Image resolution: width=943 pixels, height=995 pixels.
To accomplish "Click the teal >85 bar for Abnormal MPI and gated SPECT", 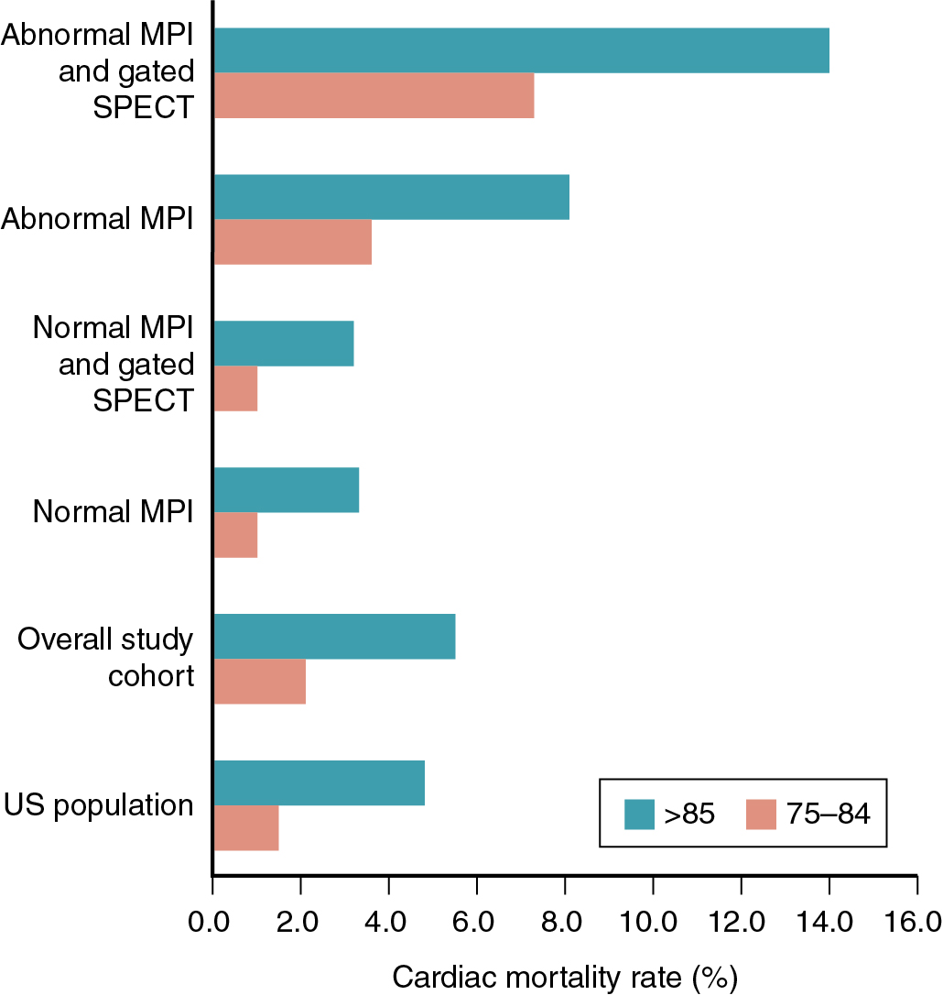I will (521, 50).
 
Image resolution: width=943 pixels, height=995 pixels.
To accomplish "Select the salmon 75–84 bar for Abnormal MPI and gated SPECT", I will (374, 95).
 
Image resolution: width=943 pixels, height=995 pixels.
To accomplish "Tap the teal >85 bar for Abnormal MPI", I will (391, 197).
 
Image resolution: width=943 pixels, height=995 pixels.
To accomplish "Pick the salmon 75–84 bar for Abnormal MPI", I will (292, 242).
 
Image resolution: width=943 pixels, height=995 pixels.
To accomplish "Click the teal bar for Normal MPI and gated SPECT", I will (283, 344).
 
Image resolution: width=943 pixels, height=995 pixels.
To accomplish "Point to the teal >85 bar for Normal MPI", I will (286, 490).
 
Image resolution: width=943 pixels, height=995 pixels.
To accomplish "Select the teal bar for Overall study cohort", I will (334, 637).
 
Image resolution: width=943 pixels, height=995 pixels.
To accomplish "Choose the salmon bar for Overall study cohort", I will (259, 682).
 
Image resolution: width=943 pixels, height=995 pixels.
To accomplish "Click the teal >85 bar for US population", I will (319, 783).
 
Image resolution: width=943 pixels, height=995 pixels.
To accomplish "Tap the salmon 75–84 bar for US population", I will (245, 828).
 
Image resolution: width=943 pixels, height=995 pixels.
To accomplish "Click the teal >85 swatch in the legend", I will (640, 813).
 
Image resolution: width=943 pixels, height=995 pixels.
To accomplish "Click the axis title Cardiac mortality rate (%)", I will (565, 977).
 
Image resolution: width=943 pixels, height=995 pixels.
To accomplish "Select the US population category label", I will (99, 805).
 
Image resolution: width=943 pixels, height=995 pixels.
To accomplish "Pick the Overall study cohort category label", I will (106, 658).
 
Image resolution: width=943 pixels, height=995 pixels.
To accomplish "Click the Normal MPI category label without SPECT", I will (113, 511).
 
